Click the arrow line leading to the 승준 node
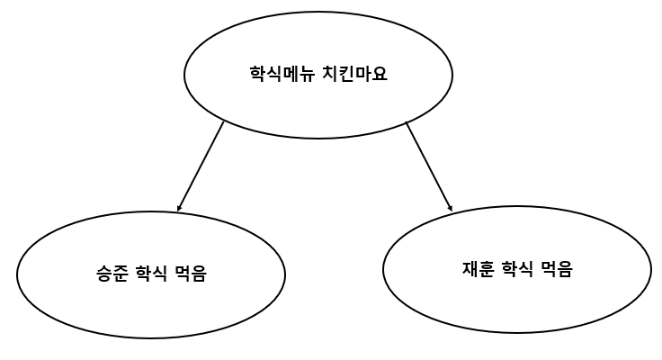point(201,166)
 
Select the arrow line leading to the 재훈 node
point(428,166)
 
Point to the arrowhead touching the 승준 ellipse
point(180,209)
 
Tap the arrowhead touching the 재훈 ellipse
point(450,209)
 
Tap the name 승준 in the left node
point(112,274)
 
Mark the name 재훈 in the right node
point(477,268)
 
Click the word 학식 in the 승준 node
point(151,274)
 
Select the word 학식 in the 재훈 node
point(516,268)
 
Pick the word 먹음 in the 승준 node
point(191,274)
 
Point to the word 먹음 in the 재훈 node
point(556,268)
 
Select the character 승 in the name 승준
point(103,274)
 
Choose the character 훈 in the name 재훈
point(486,268)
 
